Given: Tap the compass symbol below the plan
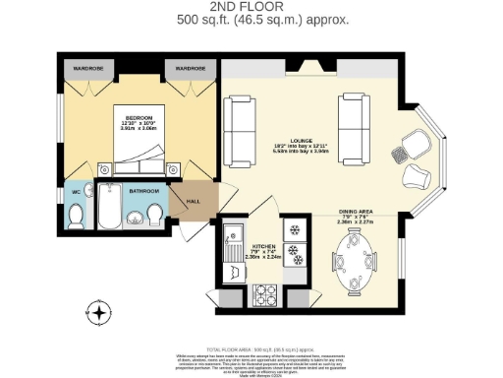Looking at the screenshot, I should pos(98,313).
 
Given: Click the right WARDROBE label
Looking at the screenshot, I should pos(190,69).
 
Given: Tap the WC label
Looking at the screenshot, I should pos(76,191).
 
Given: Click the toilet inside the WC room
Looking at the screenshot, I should pos(76,214).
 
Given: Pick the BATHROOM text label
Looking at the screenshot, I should pos(143,190).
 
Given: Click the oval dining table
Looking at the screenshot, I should pos(356,269).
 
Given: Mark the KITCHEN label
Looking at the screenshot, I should pos(264,247).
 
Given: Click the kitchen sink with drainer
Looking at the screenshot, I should pos(233,246).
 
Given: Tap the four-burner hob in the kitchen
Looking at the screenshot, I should pos(266,293).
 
